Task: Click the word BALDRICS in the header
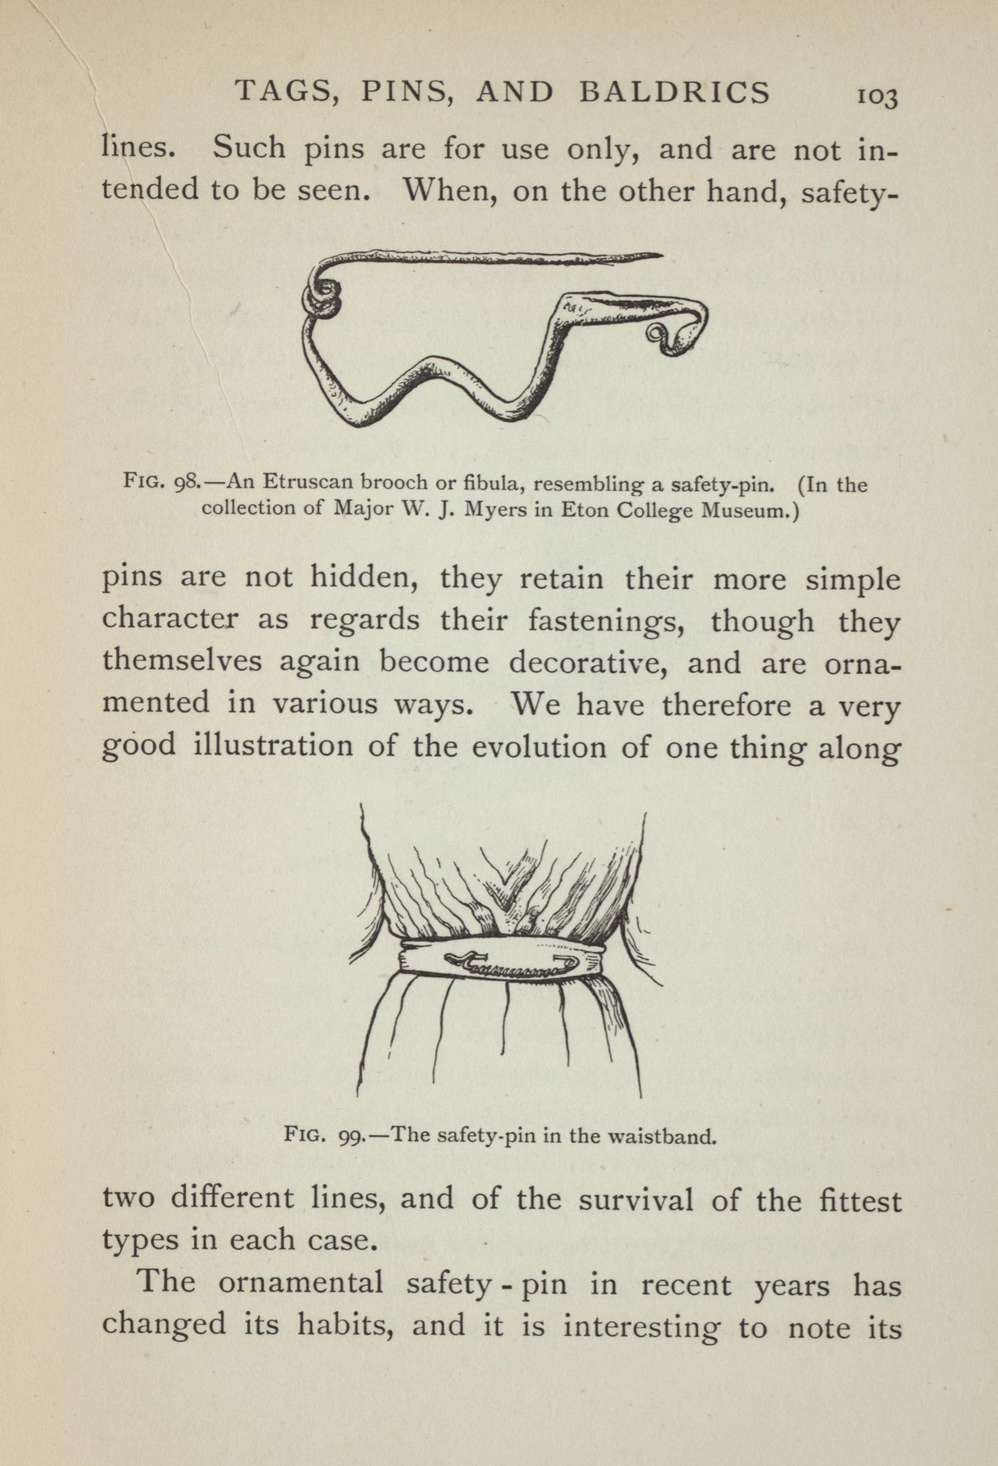674,92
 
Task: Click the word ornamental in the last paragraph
300,1282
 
